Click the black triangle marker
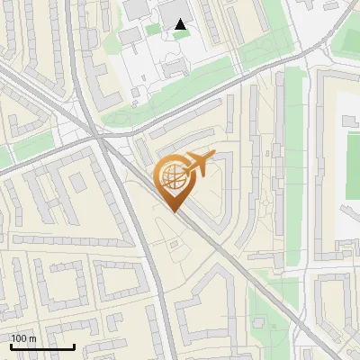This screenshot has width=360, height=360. [x=182, y=25]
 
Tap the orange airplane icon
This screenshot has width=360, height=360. [x=199, y=165]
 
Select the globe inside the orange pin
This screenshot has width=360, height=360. [x=173, y=179]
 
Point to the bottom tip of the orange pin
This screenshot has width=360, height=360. [x=173, y=212]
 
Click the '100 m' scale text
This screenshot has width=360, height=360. [x=23, y=338]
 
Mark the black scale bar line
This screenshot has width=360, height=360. [x=42, y=347]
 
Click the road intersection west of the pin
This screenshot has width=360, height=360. [x=97, y=138]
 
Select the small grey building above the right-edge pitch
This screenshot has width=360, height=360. [x=347, y=121]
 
